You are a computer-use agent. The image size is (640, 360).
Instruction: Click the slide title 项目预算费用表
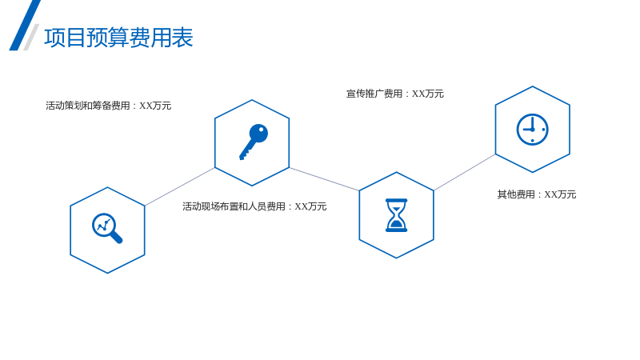pos(118,38)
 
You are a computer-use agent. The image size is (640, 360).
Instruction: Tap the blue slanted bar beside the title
pos(25,26)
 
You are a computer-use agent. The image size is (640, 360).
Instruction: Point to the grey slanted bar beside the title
pos(31,37)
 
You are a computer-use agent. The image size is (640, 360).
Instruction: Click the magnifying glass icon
pos(107,228)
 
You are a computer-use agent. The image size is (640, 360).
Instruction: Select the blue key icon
pos(254,142)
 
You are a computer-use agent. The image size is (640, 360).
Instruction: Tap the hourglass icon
pos(396,215)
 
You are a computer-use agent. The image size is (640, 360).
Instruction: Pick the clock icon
pos(532,130)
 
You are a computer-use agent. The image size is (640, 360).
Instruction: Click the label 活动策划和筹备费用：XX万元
pos(108,106)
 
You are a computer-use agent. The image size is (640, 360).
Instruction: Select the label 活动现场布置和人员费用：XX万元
pos(254,206)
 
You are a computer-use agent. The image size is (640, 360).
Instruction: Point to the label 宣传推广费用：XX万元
pos(394,94)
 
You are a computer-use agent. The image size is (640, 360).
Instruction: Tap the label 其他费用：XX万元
pos(536,194)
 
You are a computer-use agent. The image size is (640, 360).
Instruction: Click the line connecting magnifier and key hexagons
pos(179,186)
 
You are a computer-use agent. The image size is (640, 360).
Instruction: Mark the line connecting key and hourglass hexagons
pos(324,178)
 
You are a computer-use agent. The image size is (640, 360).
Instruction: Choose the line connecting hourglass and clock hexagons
pos(465,172)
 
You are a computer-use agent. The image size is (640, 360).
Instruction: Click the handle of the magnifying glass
pos(116,237)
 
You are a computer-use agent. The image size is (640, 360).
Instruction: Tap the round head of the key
pos(258,133)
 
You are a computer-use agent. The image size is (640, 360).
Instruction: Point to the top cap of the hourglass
pos(396,201)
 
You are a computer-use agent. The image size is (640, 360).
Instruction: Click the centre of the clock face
pos(532,130)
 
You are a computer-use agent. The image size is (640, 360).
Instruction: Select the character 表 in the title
pos(182,38)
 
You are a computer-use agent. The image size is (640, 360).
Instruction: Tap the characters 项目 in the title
pos(65,38)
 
